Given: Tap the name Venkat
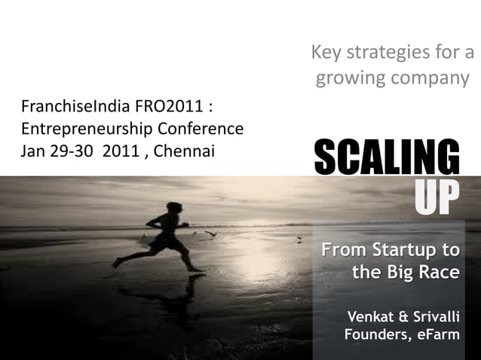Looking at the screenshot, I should (369, 314).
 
